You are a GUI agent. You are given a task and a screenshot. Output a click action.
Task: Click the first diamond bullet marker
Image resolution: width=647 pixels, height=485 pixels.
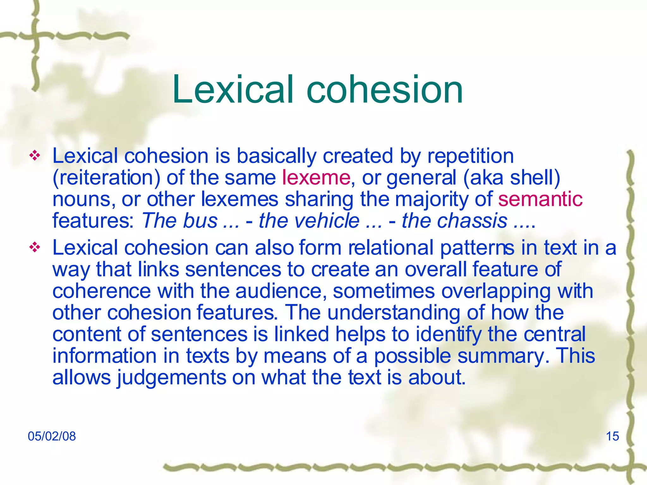tap(35, 155)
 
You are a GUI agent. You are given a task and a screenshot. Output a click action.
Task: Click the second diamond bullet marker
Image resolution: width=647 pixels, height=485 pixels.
tap(35, 247)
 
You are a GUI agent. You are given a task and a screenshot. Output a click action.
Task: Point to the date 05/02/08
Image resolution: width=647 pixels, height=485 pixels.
tap(52, 436)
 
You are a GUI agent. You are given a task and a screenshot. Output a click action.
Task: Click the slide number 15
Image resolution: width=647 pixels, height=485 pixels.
tap(612, 436)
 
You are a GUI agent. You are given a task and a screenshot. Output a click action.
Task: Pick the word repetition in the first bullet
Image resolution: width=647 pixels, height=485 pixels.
tap(470, 156)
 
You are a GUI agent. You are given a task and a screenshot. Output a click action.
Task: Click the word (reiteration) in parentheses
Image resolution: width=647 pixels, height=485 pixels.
tap(106, 177)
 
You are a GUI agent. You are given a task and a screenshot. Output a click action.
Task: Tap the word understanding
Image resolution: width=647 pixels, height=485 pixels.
tap(394, 313)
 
